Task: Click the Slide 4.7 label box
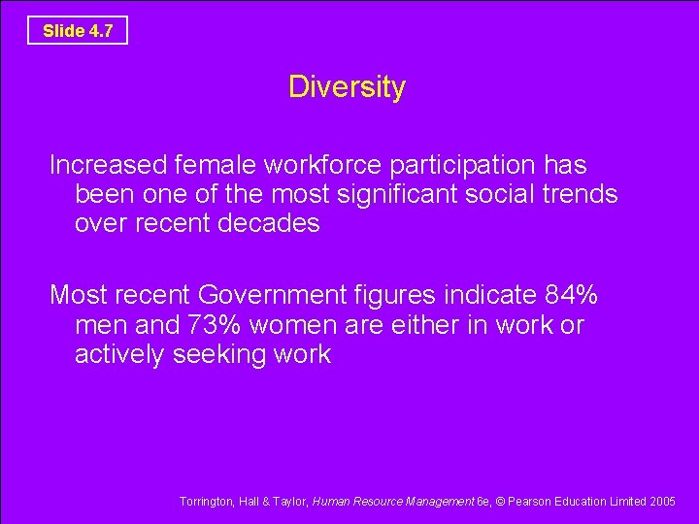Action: point(78,31)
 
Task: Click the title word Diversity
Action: point(347,87)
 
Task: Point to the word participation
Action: point(470,165)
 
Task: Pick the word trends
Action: point(577,194)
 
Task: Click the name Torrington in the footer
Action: point(206,502)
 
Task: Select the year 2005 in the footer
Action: point(662,502)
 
